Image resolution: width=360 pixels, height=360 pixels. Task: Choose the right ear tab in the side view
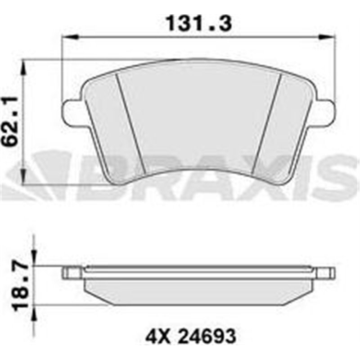point(326,272)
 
